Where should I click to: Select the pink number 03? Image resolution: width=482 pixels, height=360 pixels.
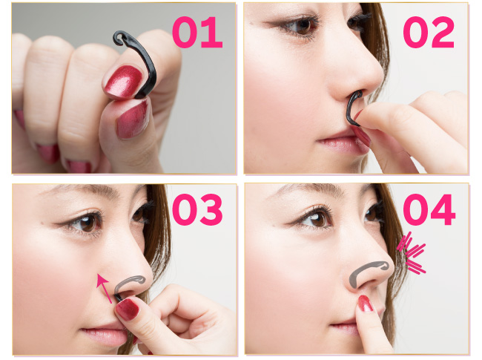[x=198, y=209]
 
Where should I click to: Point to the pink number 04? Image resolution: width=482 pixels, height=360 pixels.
[x=429, y=209]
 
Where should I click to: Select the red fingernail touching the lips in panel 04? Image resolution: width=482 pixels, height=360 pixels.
[x=365, y=304]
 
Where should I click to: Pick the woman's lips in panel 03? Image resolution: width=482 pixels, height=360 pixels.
[x=104, y=334]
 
